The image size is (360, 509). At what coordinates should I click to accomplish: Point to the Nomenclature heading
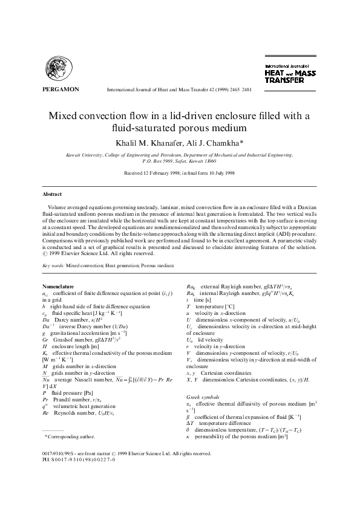pos(62,285)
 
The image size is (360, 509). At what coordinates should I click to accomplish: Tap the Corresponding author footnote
pos(70,436)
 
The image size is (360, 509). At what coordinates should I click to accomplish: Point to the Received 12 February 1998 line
pos(179,172)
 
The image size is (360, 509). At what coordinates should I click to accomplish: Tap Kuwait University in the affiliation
pos(86,155)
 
